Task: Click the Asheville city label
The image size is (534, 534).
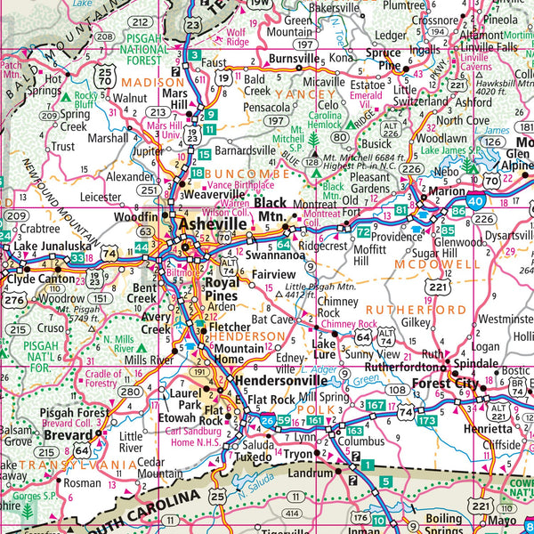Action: [x=212, y=225]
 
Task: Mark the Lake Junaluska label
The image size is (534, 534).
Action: [x=46, y=247]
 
